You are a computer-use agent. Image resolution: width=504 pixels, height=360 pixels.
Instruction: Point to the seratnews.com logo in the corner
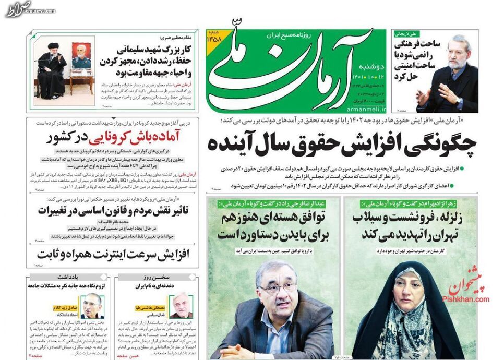(x=18, y=8)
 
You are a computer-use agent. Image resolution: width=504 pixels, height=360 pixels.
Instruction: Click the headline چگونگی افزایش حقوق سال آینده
(x=342, y=144)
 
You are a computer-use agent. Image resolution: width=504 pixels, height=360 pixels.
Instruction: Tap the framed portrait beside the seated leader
(x=81, y=56)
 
